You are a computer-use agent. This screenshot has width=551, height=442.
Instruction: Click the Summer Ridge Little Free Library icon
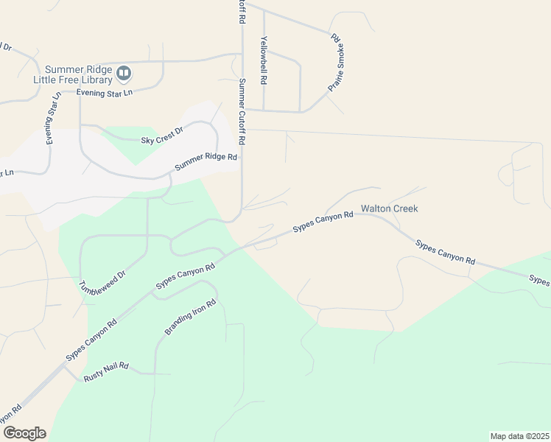(x=124, y=72)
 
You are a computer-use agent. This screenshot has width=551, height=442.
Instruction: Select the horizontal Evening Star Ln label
(x=104, y=93)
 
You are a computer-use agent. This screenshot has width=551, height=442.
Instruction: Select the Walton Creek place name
(x=389, y=208)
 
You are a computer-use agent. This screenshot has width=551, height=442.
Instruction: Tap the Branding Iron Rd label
(x=190, y=318)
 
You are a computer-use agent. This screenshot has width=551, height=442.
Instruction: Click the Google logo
(x=24, y=433)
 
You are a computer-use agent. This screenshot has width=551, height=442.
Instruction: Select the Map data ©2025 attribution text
(x=519, y=435)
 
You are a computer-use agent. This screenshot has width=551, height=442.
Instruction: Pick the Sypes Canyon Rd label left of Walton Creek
(x=323, y=222)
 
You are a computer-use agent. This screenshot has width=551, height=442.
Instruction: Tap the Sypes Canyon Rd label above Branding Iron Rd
(x=185, y=277)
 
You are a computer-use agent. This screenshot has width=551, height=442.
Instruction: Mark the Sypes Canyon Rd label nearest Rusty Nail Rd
(x=91, y=340)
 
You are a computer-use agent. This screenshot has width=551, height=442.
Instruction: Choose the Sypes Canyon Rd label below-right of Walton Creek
(x=445, y=252)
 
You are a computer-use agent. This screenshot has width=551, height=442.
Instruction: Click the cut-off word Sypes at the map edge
(x=539, y=281)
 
